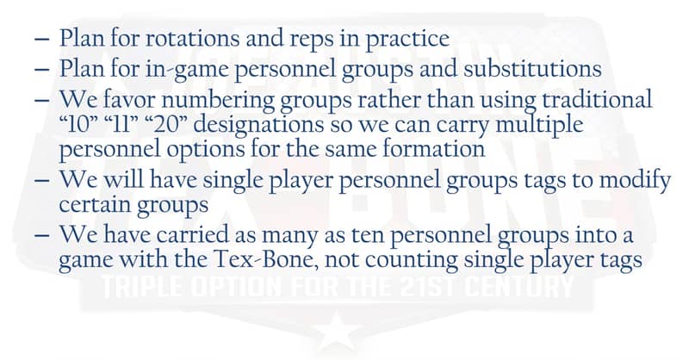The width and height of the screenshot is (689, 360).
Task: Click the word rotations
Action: click(x=192, y=38)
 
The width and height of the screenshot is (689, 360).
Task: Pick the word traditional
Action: click(x=597, y=99)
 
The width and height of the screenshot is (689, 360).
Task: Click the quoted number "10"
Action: click(x=79, y=125)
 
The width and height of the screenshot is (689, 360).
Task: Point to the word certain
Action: click(x=95, y=204)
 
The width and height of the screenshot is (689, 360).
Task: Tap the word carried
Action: click(x=192, y=234)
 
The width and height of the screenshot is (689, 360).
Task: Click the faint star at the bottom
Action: click(x=337, y=331)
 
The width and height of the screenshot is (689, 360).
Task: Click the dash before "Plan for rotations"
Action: click(x=41, y=39)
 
